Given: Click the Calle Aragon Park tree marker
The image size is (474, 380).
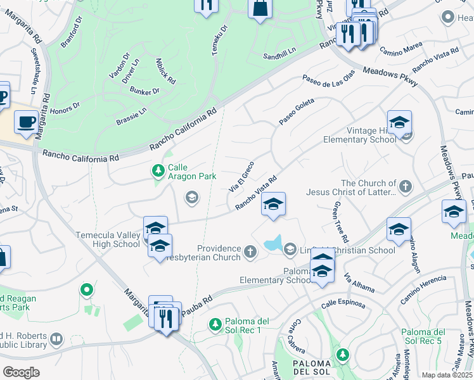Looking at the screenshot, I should point(158,170).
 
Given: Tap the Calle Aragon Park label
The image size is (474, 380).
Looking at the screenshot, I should point(192,172).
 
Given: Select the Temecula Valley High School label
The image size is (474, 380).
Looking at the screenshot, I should point(108,239).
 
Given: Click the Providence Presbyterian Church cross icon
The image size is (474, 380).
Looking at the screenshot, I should point(250,253).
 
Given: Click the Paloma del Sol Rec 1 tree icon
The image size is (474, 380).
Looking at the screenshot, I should point(215,324).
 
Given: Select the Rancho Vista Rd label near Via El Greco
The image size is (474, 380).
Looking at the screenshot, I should point(257,193).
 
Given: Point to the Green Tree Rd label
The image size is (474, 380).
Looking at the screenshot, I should point(338,222).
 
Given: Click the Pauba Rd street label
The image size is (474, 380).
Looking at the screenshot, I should point(198,302).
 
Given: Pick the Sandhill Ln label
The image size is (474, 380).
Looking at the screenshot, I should point(280,56).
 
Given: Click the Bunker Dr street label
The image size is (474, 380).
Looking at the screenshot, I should point(145,92).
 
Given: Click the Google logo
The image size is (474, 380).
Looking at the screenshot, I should point(21,372).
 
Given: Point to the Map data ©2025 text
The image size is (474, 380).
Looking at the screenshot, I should point(447,375).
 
